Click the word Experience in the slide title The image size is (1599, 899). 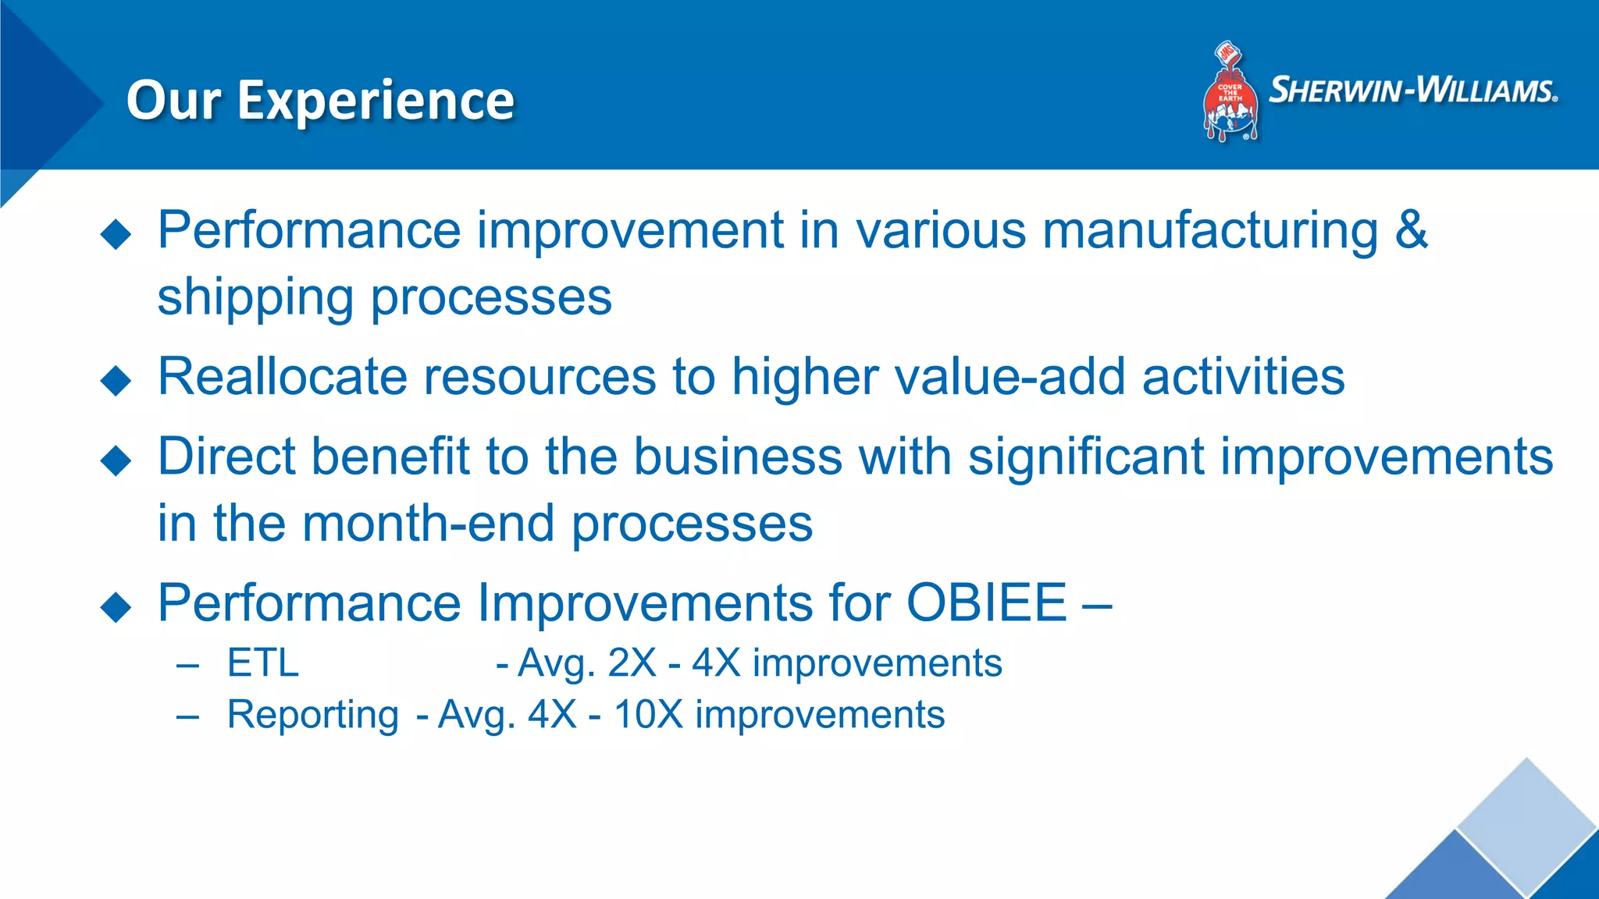point(376,101)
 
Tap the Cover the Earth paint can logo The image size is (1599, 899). point(1230,94)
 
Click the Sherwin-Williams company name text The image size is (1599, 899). point(1413,91)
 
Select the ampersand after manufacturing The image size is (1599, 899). point(1411,230)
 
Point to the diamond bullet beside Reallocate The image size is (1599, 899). point(116,381)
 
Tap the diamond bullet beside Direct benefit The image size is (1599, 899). point(116,460)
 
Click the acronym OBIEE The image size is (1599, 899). point(986,602)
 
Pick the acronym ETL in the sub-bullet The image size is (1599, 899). point(263,663)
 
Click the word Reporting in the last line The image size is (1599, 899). point(312,715)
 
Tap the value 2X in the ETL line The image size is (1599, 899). point(632,663)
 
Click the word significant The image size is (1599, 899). point(1086,457)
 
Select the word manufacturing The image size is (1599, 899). point(1210,230)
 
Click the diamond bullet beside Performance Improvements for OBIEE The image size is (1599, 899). point(116,606)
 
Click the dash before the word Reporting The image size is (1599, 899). point(188,716)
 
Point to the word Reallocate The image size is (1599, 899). point(282,377)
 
